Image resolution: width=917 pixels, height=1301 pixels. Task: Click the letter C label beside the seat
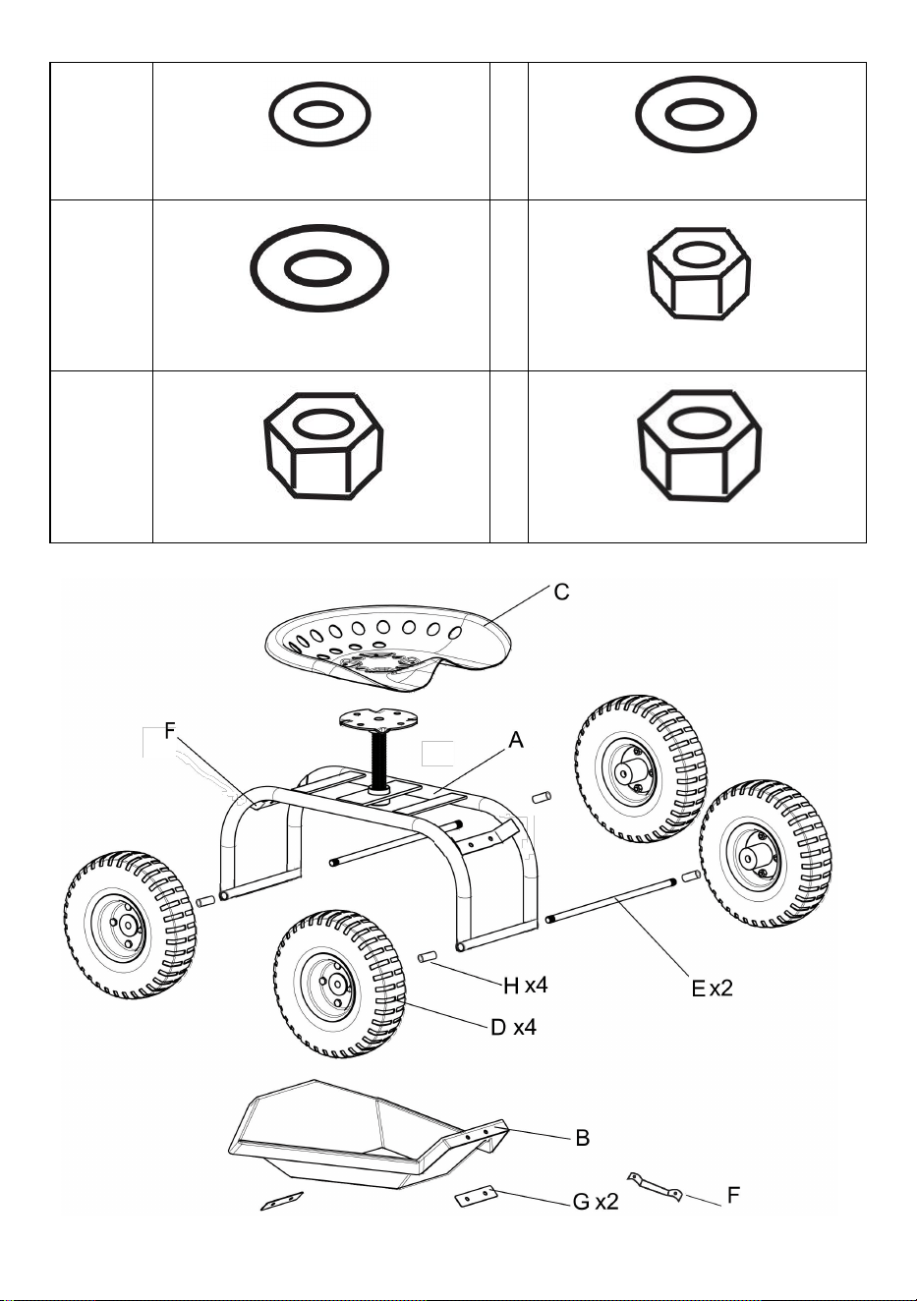coord(561,593)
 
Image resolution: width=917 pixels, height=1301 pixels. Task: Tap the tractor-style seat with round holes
coord(388,647)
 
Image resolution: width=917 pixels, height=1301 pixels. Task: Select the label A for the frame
coord(516,741)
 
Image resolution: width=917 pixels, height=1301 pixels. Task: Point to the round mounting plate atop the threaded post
coord(377,722)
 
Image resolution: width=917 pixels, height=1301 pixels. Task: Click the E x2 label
coord(712,988)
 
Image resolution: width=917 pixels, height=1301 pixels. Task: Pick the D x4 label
coord(513,1028)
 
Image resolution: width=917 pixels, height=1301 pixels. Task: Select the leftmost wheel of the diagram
coord(130,926)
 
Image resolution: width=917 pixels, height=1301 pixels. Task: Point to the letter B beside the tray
coord(582,1138)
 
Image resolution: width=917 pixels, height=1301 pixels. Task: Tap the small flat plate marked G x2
coord(477,1195)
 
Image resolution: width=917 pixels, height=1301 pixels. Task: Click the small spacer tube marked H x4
coord(428,956)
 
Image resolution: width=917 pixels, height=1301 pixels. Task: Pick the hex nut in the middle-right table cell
coord(699,273)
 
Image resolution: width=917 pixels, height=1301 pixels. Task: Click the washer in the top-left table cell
coord(319,114)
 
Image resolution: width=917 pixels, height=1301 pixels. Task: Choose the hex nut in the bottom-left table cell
coord(323,445)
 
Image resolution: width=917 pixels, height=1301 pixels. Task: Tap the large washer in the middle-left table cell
coord(319,268)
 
